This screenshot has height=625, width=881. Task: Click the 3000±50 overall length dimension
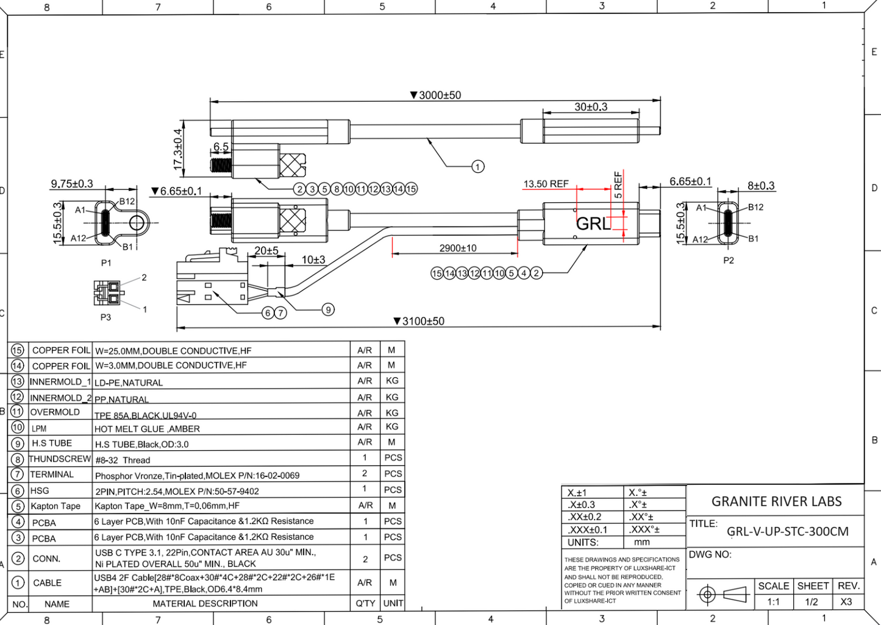436,95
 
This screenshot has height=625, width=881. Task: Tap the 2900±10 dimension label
458,248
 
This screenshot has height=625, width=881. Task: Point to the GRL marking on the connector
593,224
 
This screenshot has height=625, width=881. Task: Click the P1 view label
106,263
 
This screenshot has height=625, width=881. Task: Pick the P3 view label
105,317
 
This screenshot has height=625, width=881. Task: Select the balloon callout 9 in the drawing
328,309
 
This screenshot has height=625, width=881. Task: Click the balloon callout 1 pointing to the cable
478,166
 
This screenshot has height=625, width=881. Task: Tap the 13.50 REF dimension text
546,183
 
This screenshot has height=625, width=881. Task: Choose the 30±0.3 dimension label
591,107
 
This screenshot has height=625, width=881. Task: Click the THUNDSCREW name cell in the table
60,459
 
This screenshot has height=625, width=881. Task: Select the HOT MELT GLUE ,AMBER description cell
147,429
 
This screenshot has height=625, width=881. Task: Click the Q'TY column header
365,603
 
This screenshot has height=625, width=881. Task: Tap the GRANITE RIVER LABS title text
776,501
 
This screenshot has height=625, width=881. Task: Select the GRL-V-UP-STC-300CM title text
787,531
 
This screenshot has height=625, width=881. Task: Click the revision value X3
846,602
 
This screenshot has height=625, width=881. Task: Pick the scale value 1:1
773,602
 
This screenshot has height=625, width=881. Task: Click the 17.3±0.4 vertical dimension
177,149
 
